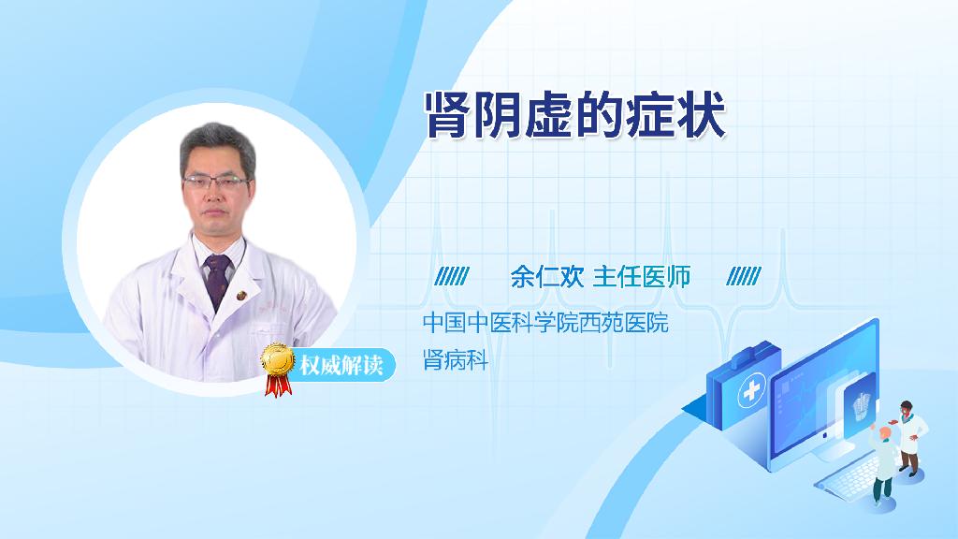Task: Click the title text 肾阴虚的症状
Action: tap(575, 115)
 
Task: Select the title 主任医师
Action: tap(642, 277)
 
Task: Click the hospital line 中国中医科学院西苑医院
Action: tap(545, 322)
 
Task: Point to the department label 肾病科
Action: tap(456, 360)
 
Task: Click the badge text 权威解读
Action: tap(341, 366)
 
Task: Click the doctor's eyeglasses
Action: tap(216, 182)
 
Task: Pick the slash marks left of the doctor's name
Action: tap(452, 276)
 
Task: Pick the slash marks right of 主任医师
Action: tap(744, 276)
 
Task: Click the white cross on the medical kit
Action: tap(752, 389)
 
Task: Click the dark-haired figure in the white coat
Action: tap(909, 438)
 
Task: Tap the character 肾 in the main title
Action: tap(448, 115)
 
